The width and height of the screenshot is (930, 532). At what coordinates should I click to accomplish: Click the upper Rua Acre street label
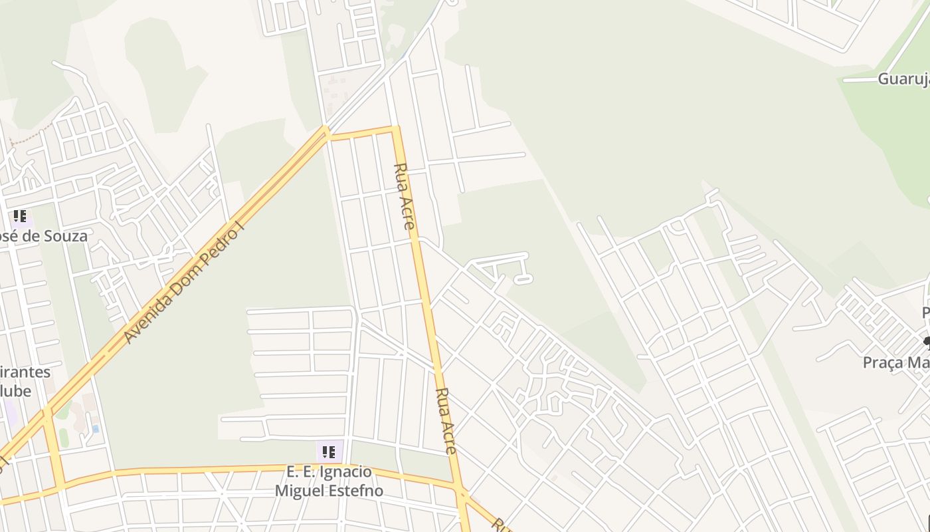click(x=405, y=196)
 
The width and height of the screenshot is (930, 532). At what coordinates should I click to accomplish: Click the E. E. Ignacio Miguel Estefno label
click(x=329, y=481)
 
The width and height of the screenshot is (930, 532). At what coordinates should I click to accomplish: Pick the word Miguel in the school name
click(x=302, y=491)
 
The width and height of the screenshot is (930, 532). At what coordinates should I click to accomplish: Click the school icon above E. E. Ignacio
click(x=329, y=452)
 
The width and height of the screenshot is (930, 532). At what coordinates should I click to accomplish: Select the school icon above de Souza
click(x=20, y=216)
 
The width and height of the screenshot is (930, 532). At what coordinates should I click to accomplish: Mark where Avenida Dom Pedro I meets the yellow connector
click(x=327, y=132)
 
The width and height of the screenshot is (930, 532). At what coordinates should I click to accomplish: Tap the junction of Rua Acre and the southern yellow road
click(x=460, y=493)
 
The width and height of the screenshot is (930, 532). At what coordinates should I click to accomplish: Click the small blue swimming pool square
click(x=96, y=428)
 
